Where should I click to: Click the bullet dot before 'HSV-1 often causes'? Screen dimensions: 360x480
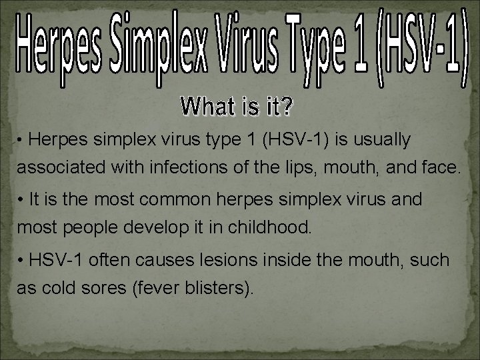[x=21, y=260]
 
